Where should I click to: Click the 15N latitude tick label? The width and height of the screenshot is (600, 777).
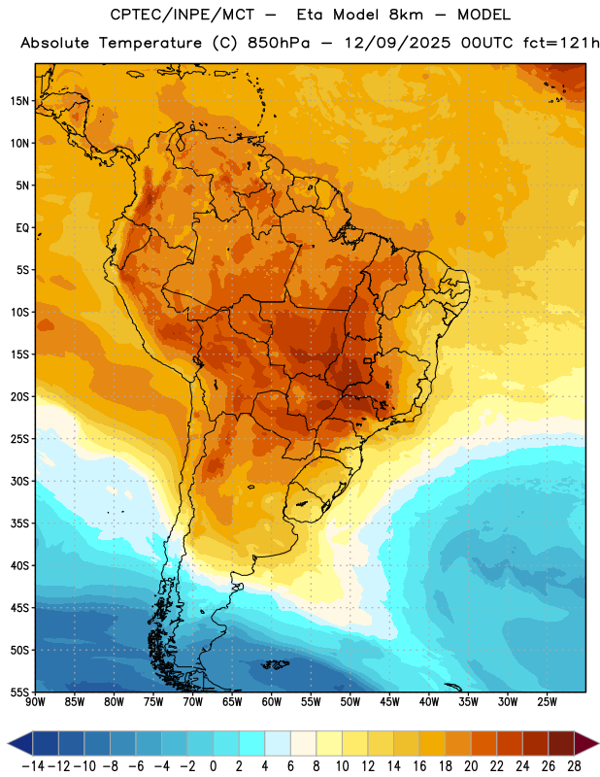coord(19,101)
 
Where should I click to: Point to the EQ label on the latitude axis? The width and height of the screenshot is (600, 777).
coord(22,228)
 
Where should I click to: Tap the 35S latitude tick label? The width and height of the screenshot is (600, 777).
coord(19,524)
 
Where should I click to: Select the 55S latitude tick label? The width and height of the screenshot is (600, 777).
coord(19,692)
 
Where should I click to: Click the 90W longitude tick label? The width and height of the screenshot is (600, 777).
coord(35,702)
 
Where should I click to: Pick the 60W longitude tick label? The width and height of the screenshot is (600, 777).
coord(272,702)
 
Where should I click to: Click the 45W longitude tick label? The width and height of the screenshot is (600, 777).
coord(389,702)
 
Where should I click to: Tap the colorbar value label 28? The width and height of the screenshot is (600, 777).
coord(574,766)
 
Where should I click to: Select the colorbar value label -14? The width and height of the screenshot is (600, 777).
coord(33,766)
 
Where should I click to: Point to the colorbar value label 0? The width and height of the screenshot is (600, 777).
coord(213,766)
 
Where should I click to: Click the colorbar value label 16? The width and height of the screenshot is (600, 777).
coord(419,766)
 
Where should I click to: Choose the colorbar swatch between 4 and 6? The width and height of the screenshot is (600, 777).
coord(278,744)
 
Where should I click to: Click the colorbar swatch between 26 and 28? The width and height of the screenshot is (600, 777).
coord(561,744)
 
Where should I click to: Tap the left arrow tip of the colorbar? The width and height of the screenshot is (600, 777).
coord(8,744)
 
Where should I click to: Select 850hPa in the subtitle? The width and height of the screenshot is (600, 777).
coord(279,43)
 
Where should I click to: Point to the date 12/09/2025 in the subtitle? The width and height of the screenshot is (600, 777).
coord(397,43)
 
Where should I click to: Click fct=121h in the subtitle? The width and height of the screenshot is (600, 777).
coord(561,43)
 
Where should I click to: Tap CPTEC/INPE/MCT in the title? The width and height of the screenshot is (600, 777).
coord(182,15)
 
